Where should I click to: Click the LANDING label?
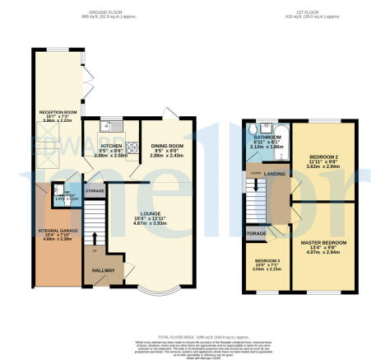coord(274,174)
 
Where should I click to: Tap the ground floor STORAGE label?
coord(95,191)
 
